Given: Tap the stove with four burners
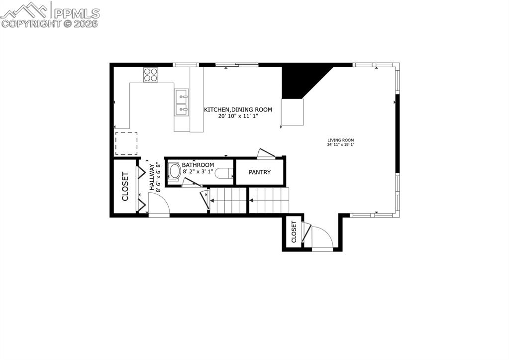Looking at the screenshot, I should pyautogui.click(x=151, y=75).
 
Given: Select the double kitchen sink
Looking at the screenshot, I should pyautogui.click(x=182, y=102).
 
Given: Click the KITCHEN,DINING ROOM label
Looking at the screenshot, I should pyautogui.click(x=238, y=110).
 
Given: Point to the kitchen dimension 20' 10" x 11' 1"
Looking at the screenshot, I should pyautogui.click(x=238, y=116).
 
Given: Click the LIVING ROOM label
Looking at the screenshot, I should pyautogui.click(x=341, y=140).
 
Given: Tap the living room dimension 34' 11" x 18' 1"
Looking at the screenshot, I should pyautogui.click(x=341, y=145).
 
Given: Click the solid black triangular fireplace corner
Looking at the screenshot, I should pyautogui.click(x=299, y=80).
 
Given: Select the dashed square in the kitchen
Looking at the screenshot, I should pyautogui.click(x=126, y=143).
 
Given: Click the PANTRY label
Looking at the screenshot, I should pyautogui.click(x=260, y=172).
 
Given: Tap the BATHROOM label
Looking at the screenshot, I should pyautogui.click(x=198, y=165).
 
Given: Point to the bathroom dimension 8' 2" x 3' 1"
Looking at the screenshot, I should pyautogui.click(x=198, y=172).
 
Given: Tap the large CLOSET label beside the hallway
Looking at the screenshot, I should pyautogui.click(x=125, y=186).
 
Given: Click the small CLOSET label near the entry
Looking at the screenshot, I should pyautogui.click(x=294, y=232).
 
